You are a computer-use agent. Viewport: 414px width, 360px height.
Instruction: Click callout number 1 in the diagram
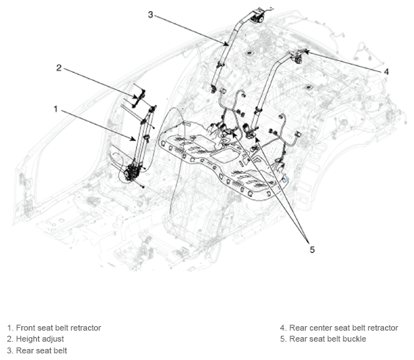pyautogui.click(x=55, y=109)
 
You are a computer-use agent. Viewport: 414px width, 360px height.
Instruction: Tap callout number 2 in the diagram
pyautogui.click(x=59, y=68)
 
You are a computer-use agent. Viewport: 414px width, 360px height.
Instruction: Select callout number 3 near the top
pyautogui.click(x=151, y=15)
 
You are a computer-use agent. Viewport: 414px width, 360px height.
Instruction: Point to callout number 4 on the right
pyautogui.click(x=386, y=72)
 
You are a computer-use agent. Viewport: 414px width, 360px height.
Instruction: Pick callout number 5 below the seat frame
pyautogui.click(x=312, y=250)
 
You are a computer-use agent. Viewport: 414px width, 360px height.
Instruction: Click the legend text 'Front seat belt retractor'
pyautogui.click(x=58, y=328)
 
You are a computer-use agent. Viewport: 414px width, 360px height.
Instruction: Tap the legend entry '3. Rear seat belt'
pyautogui.click(x=37, y=350)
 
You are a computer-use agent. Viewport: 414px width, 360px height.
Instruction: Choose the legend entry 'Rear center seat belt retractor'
pyautogui.click(x=343, y=328)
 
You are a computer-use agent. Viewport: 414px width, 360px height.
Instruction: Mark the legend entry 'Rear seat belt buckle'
pyautogui.click(x=328, y=339)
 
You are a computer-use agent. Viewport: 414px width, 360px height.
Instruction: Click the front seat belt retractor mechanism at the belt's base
pyautogui.click(x=132, y=172)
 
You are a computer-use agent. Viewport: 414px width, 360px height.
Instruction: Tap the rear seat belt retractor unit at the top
pyautogui.click(x=257, y=16)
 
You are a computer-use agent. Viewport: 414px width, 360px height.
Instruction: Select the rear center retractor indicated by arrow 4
pyautogui.click(x=298, y=57)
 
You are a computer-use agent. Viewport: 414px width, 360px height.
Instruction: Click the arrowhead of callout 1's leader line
pyautogui.click(x=134, y=139)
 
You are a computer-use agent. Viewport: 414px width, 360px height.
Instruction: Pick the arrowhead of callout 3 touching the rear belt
pyautogui.click(x=226, y=44)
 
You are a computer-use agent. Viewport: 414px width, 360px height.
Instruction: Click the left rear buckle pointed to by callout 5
pyautogui.click(x=225, y=130)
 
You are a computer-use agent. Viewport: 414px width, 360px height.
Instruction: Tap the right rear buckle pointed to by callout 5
pyautogui.click(x=249, y=131)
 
